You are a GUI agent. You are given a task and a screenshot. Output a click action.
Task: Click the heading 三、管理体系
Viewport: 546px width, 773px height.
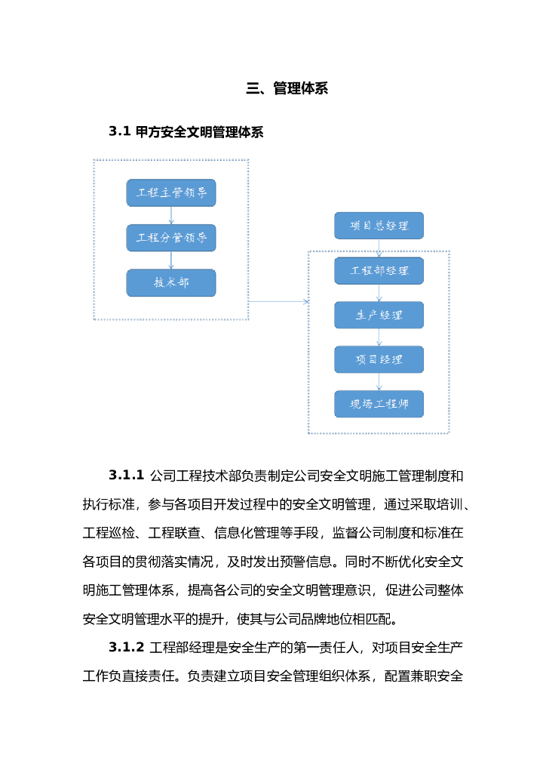tap(287, 88)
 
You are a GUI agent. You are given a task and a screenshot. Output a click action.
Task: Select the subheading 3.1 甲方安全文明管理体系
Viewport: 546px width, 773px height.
tap(186, 132)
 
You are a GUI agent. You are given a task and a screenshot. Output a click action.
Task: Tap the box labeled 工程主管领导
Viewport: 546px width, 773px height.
tap(171, 192)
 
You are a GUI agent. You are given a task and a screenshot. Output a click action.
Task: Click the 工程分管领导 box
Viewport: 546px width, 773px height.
tap(171, 238)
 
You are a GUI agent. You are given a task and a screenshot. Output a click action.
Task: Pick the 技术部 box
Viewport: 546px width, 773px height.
tap(171, 282)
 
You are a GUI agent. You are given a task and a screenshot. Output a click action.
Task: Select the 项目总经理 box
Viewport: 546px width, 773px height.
tap(379, 226)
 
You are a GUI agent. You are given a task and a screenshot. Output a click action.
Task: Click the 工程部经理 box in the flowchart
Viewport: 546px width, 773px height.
tap(379, 270)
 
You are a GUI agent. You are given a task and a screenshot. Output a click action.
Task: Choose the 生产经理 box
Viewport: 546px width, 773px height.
tap(379, 315)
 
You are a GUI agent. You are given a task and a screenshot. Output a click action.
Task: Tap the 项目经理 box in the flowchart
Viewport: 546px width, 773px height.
tap(379, 359)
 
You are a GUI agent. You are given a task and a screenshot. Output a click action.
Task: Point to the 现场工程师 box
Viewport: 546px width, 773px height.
tap(379, 404)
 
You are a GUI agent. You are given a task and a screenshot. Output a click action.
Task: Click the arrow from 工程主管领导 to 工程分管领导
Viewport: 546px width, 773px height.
tap(171, 215)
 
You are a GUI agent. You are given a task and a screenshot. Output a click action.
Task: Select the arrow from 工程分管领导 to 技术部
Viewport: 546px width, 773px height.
tap(171, 260)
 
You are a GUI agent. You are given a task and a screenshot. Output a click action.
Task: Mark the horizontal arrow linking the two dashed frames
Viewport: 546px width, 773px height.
tap(278, 301)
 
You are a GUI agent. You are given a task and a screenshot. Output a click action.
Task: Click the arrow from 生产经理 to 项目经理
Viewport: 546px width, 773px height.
tap(379, 337)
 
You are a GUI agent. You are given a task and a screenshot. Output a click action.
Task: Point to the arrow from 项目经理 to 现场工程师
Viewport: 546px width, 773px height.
tap(379, 382)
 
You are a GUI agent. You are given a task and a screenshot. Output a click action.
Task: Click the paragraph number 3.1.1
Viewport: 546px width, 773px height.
tap(126, 476)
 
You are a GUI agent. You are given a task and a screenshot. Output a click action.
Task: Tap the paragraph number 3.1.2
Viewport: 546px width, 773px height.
tap(126, 648)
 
